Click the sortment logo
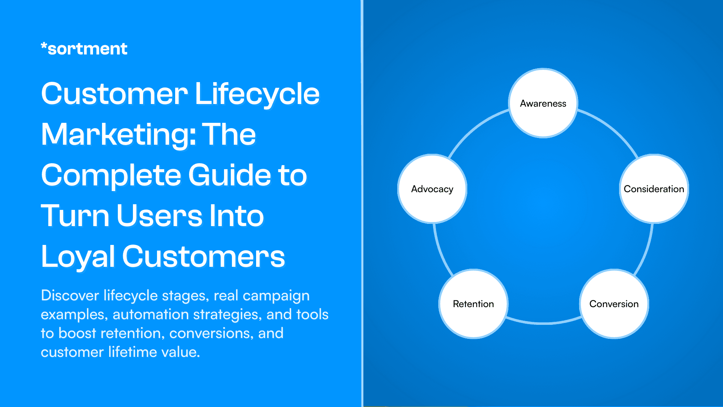pyautogui.click(x=84, y=49)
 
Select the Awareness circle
pyautogui.click(x=543, y=103)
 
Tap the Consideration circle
pyautogui.click(x=654, y=189)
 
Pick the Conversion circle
pyautogui.click(x=614, y=304)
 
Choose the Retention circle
pyautogui.click(x=473, y=304)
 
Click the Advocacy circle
pyautogui.click(x=432, y=189)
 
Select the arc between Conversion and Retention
pyautogui.click(x=543, y=323)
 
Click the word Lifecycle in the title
pyautogui.click(x=257, y=94)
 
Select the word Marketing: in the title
pyautogui.click(x=118, y=135)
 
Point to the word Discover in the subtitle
pyautogui.click(x=70, y=295)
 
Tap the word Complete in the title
pyautogui.click(x=111, y=176)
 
